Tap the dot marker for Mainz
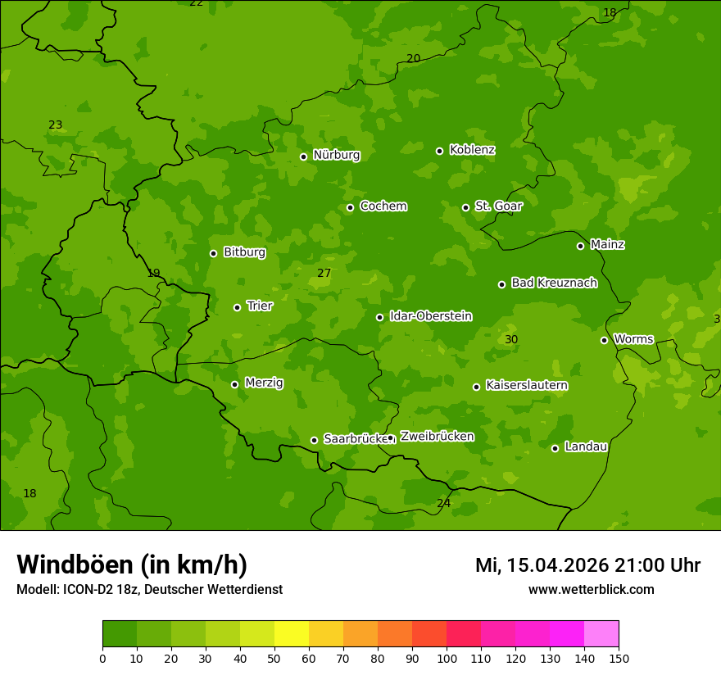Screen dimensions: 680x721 tap(580, 246)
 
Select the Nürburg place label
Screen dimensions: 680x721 tap(336, 155)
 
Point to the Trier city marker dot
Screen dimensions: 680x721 tap(238, 307)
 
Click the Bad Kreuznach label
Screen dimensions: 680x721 tap(554, 283)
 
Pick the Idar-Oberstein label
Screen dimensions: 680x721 tap(430, 315)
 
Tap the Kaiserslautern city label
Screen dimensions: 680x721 tap(527, 385)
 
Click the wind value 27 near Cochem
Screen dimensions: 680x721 tap(324, 273)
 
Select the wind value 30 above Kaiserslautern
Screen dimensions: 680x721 tap(511, 339)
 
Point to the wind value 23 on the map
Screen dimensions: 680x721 tap(55, 125)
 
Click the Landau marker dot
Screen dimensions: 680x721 tap(555, 448)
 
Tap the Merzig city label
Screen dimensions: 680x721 tap(264, 383)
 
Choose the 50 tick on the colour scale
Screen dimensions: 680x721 tap(274, 658)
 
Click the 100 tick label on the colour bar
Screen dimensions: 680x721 tap(447, 658)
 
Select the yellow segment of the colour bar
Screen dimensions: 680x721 tap(292, 634)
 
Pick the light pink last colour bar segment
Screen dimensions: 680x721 tap(601, 634)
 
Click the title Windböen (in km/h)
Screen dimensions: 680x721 tap(131, 564)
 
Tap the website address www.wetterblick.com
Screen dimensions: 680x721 tap(591, 589)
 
